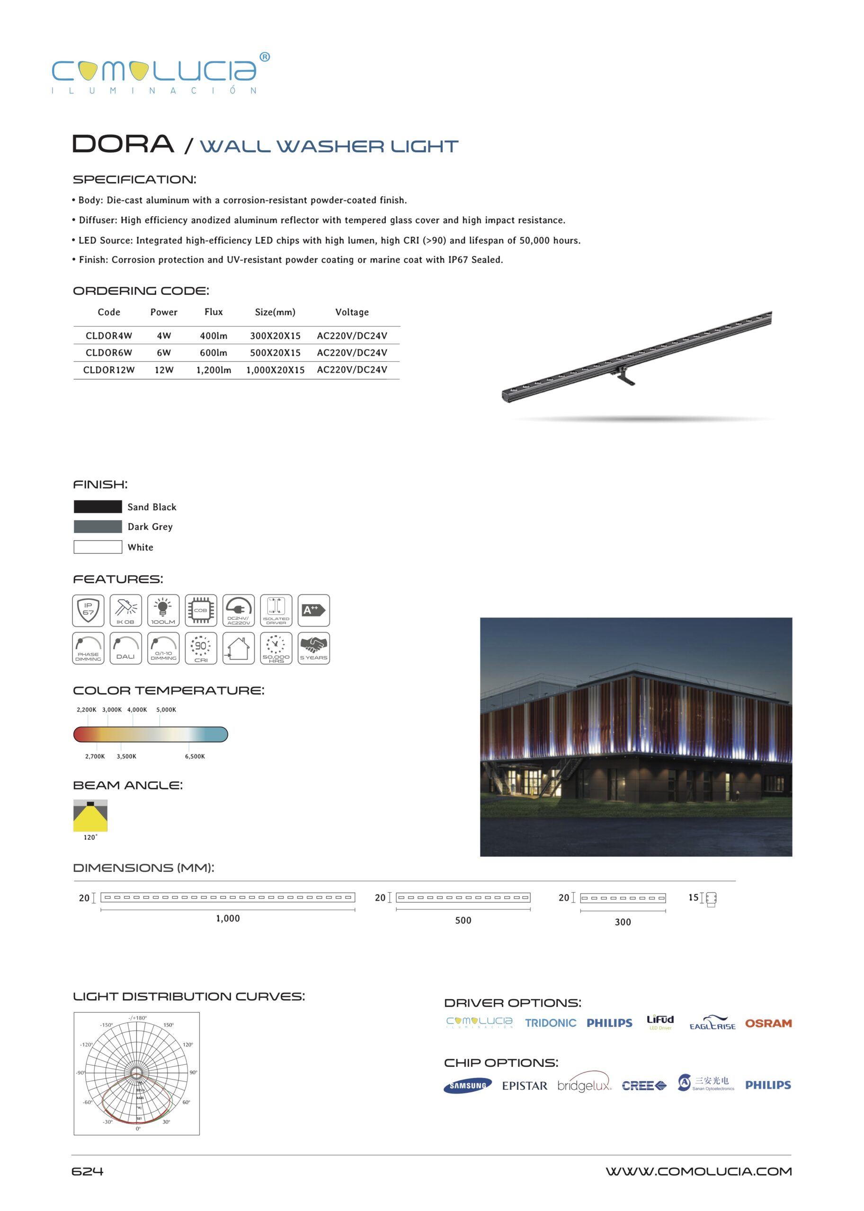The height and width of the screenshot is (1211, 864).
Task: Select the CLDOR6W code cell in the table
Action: [108, 353]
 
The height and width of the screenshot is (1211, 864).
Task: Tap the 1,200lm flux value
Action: [214, 370]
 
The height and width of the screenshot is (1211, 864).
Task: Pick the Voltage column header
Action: [352, 312]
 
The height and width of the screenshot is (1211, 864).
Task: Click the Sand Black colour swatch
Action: [98, 507]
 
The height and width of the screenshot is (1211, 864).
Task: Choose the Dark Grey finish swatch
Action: [98, 527]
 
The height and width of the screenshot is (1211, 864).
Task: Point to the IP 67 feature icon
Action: [89, 610]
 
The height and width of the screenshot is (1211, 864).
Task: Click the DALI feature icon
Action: [125, 648]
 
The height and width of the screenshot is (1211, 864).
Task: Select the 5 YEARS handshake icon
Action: [313, 648]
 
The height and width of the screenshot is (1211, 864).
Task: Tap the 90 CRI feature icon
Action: [201, 648]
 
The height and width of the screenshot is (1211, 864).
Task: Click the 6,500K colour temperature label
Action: [195, 756]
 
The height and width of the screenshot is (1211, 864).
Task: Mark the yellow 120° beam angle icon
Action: [90, 816]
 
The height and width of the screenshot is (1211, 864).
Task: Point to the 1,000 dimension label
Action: [228, 919]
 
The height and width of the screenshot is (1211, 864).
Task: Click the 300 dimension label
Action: [623, 922]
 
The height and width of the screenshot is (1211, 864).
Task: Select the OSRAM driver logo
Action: [768, 1023]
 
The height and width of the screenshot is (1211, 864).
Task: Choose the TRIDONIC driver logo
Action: [550, 1023]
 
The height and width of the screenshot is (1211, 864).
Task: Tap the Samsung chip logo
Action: [467, 1086]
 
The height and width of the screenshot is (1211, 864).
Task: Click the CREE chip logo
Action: [643, 1086]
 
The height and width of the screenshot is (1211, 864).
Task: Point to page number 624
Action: [87, 1172]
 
